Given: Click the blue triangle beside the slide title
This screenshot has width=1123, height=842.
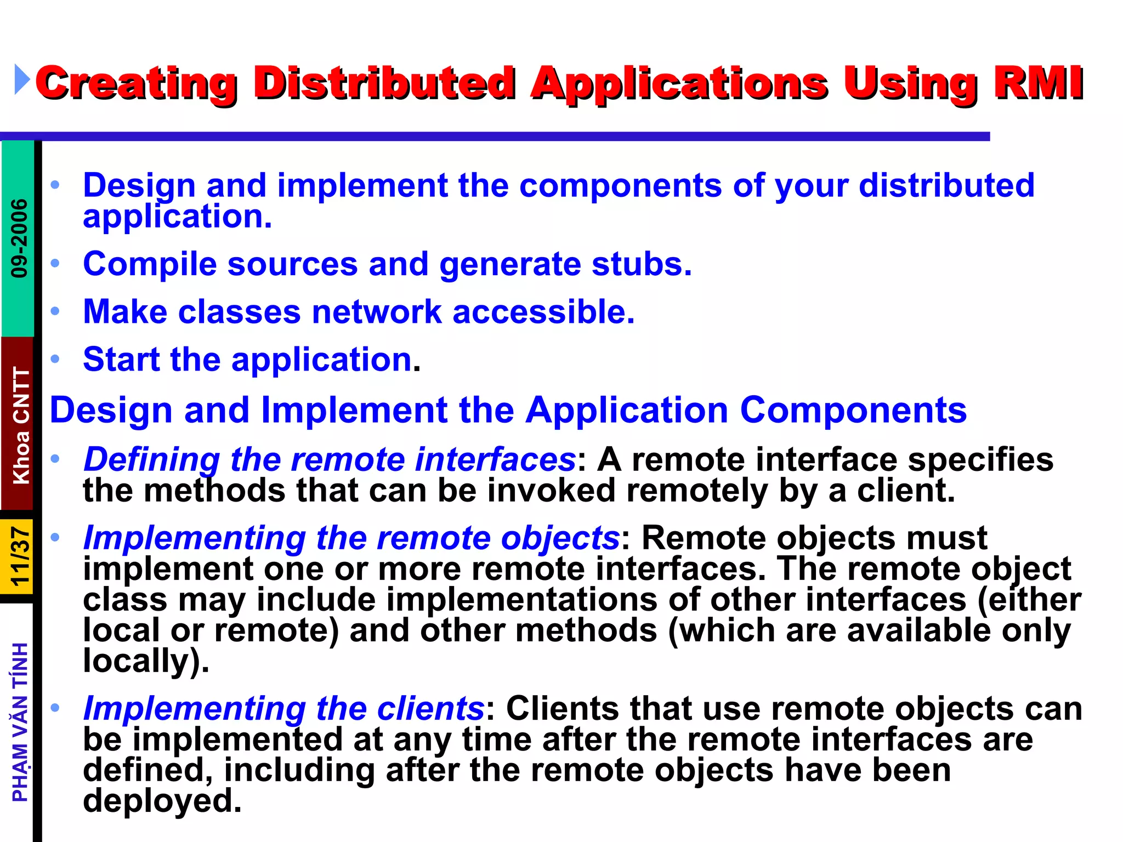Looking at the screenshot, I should tap(22, 79).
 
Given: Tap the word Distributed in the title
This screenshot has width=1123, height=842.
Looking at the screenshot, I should tap(384, 83).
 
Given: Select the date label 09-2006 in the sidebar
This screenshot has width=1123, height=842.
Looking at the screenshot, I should tap(19, 238).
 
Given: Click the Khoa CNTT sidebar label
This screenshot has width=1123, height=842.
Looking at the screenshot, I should tap(21, 425).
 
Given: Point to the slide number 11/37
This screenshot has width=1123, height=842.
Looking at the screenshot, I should tap(20, 556).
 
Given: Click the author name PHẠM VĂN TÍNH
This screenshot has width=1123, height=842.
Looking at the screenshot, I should tap(20, 722).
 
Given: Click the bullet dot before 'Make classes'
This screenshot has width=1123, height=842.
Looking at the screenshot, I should tap(55, 311).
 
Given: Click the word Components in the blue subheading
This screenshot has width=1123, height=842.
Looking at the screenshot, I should tap(853, 410).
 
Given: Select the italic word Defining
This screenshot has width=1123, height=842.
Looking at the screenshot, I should tap(151, 459).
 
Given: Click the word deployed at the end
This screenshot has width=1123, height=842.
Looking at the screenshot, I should tap(162, 800).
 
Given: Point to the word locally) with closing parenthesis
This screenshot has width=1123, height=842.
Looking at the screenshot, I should tap(146, 661).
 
